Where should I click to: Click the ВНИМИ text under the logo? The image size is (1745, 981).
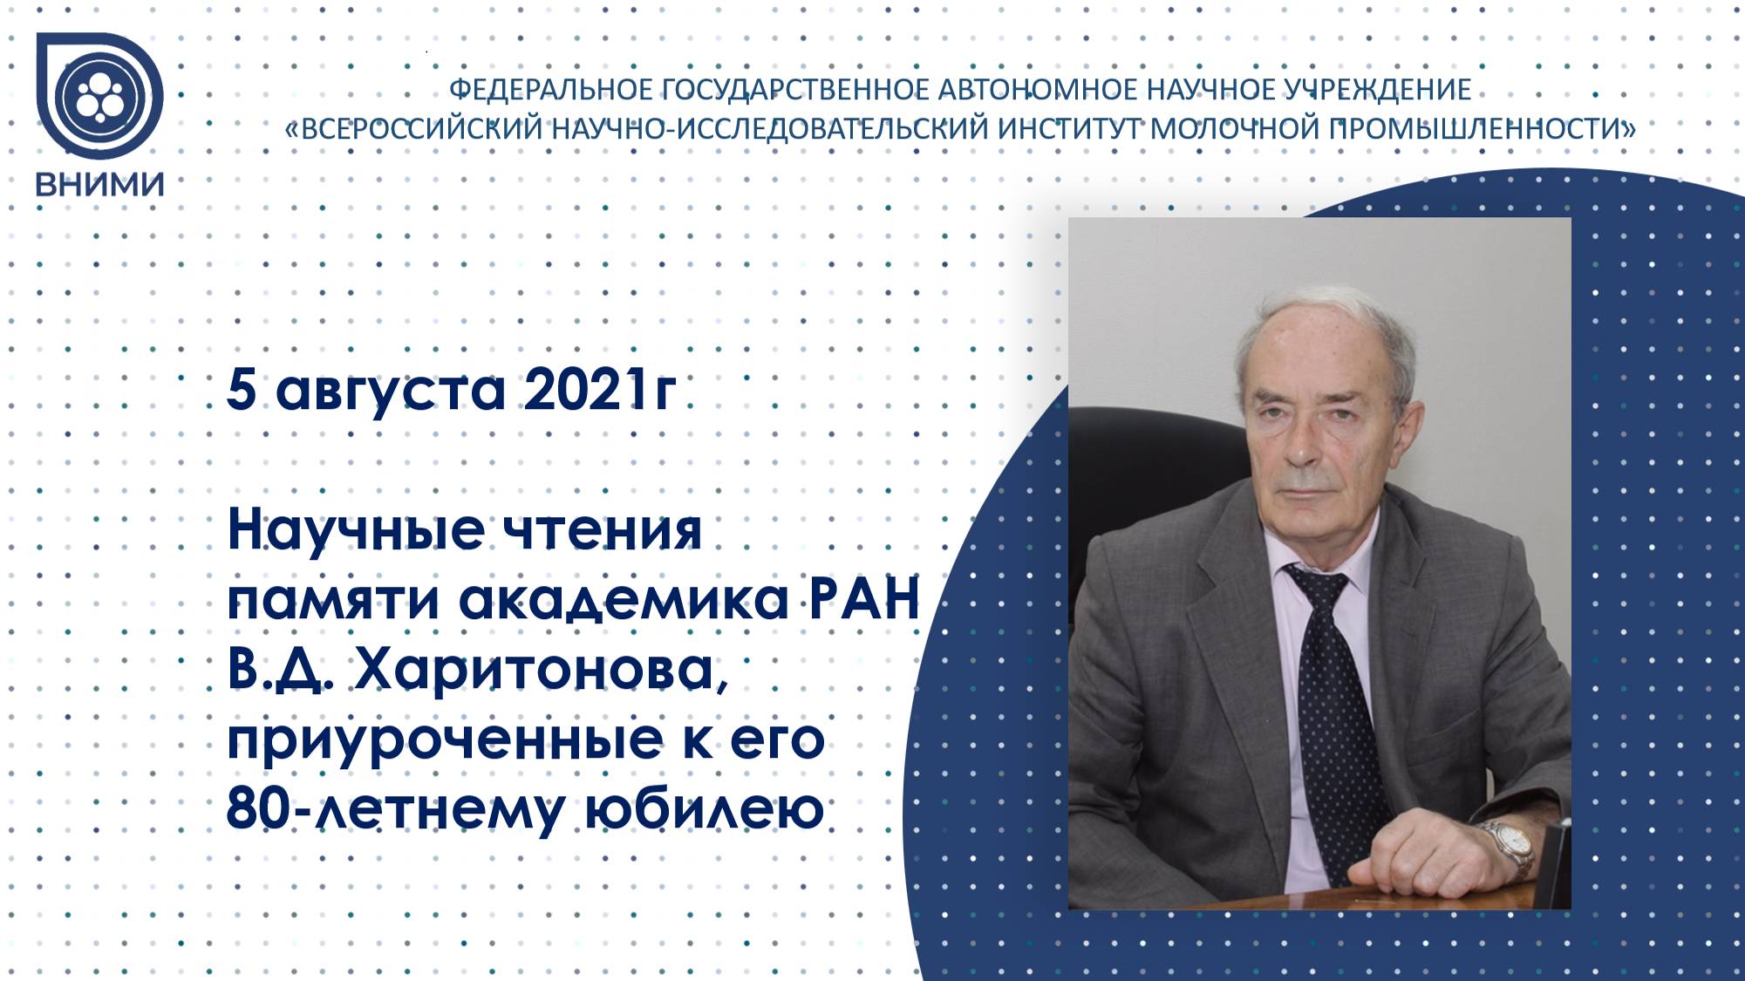(x=99, y=184)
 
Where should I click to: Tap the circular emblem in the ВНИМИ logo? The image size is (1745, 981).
(x=99, y=97)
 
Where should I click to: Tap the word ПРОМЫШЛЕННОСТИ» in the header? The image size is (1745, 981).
(x=1483, y=129)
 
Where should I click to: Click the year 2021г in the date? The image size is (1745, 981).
(x=599, y=389)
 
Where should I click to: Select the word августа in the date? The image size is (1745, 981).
(x=391, y=391)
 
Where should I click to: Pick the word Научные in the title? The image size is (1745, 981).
(x=356, y=530)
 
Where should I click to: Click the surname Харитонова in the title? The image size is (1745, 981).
(x=540, y=671)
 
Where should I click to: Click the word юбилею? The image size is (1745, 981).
(x=703, y=809)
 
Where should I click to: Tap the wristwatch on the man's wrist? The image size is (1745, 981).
(x=1507, y=846)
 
